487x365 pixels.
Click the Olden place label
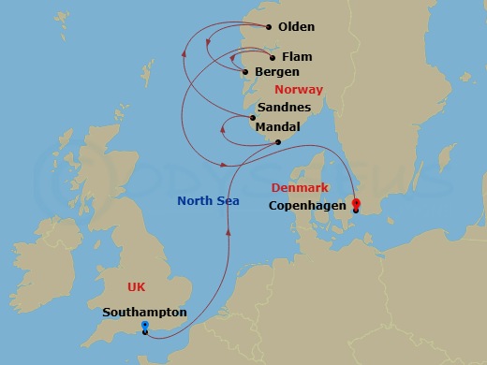[x=296, y=27]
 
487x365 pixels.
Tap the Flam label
[x=297, y=57]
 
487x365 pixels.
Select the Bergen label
[x=277, y=72]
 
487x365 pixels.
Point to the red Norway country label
[x=299, y=90]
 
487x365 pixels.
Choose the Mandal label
[x=277, y=126]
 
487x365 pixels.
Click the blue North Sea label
[x=209, y=201]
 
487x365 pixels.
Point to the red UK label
[x=138, y=285]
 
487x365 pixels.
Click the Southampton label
[x=145, y=313]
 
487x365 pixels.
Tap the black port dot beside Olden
[x=269, y=27]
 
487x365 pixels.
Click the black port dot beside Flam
[x=273, y=57]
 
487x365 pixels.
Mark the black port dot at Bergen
[x=245, y=72]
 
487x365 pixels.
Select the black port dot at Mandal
[x=278, y=142]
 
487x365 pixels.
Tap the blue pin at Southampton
[x=144, y=326]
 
